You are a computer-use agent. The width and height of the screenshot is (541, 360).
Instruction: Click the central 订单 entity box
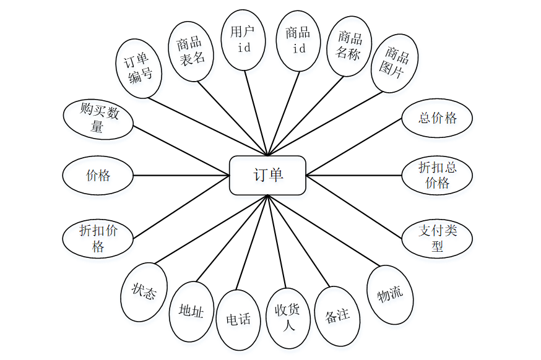(267, 175)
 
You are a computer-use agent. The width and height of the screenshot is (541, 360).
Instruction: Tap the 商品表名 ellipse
(191, 51)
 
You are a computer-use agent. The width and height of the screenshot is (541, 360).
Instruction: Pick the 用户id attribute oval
(244, 39)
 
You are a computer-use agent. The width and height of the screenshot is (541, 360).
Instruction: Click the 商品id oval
(298, 40)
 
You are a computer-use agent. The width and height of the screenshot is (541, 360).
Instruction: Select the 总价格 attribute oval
(437, 118)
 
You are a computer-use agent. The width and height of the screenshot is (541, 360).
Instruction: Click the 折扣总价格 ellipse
(437, 175)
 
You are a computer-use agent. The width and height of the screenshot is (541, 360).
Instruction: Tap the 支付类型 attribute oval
(437, 238)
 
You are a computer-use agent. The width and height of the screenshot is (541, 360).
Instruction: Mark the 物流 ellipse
(391, 294)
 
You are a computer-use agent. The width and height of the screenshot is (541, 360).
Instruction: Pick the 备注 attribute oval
(337, 315)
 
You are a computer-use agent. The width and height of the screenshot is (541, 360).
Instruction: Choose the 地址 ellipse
(191, 311)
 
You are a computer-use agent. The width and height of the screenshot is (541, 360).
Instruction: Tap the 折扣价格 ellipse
(98, 238)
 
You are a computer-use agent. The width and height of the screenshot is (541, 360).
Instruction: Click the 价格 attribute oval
(98, 175)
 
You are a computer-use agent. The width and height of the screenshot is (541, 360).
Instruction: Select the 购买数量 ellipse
(98, 119)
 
